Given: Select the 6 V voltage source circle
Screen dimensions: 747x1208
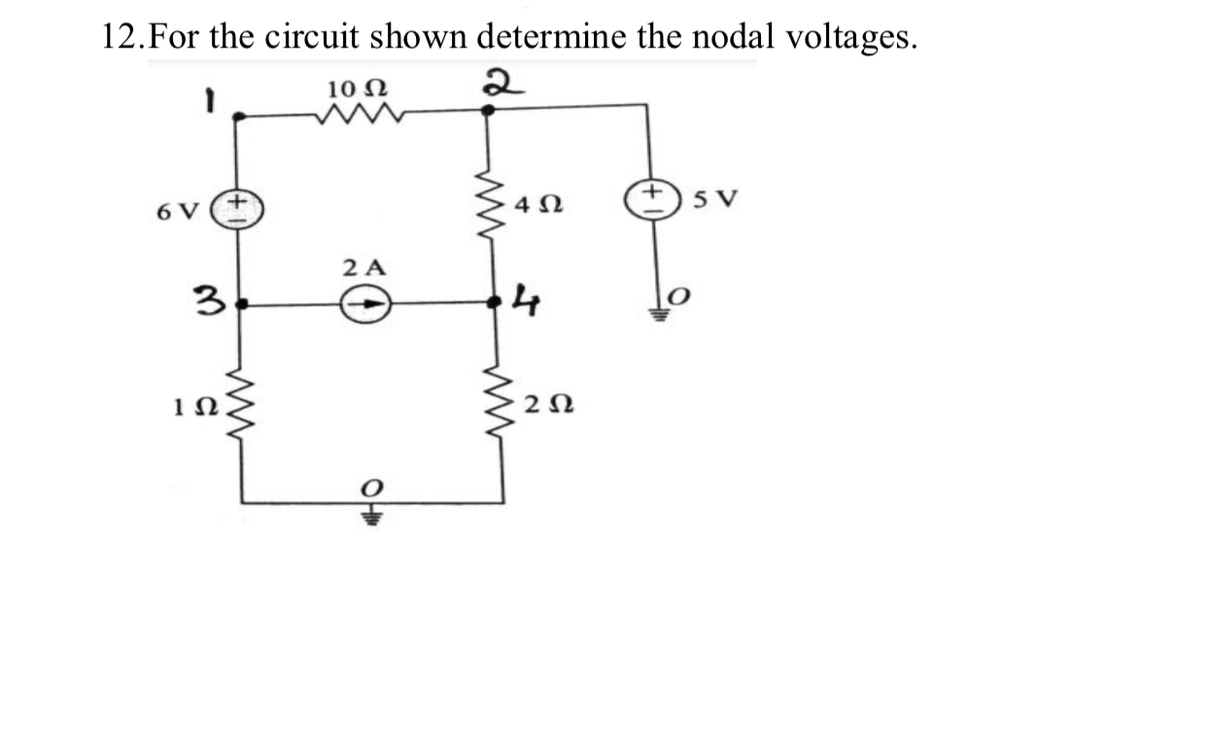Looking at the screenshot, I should click(241, 208).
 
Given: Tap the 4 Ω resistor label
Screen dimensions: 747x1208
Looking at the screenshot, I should click(541, 207).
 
